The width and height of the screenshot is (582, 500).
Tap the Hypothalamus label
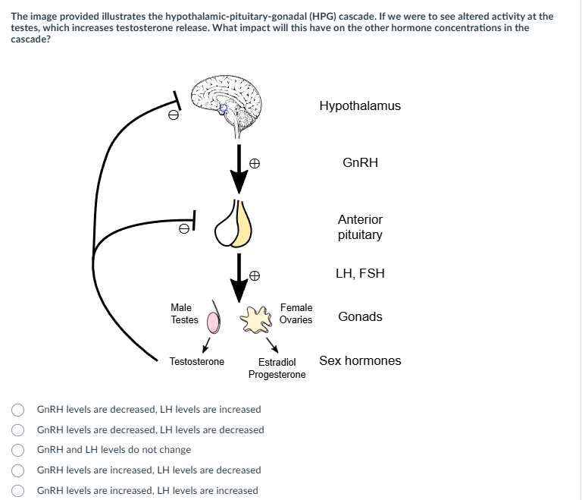tap(360, 106)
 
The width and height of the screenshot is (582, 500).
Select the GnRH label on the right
tap(360, 163)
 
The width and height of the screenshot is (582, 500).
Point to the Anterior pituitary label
tap(360, 227)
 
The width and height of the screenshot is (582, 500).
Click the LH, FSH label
tap(360, 273)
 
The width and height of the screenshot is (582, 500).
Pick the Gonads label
tap(360, 316)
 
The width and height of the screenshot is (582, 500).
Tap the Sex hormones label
tap(360, 360)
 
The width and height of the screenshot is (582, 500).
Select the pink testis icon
tap(214, 322)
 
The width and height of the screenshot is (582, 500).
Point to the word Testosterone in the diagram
tap(197, 361)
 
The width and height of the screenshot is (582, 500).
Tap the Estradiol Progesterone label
tap(277, 368)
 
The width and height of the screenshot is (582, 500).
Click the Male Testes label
tap(184, 313)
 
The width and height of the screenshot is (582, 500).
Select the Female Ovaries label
tap(296, 313)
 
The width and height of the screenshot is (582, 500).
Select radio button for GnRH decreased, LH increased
tap(17, 410)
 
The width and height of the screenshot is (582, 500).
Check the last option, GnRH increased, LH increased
tap(17, 491)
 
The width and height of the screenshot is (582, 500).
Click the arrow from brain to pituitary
tap(239, 171)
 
